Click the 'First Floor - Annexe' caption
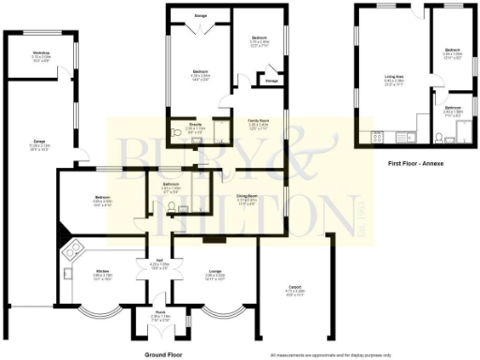415,163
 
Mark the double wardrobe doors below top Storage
199,31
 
